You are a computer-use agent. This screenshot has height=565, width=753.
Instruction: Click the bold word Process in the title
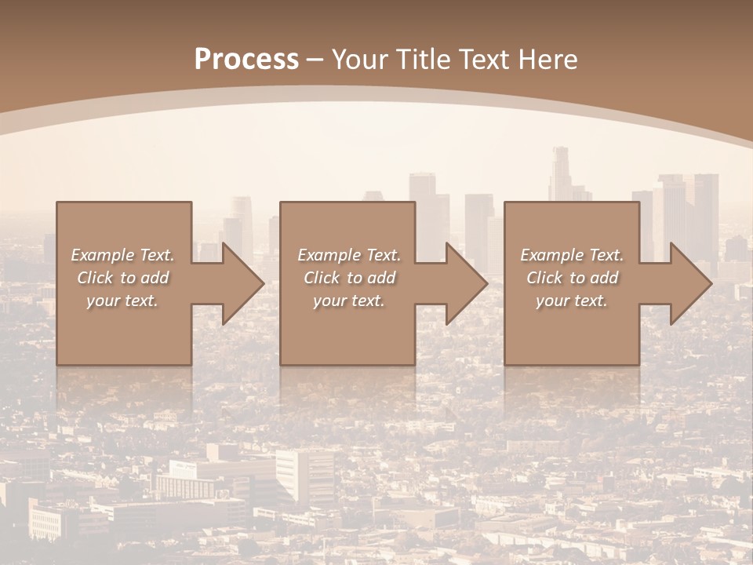point(246,59)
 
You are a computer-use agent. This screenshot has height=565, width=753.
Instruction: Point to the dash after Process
point(315,60)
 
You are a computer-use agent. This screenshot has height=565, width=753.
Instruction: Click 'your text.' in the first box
point(122,301)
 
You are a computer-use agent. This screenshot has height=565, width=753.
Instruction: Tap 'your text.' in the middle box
point(349,301)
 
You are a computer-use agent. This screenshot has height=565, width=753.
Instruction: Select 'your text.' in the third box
point(572,301)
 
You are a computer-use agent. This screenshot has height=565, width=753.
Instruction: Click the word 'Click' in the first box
point(95,278)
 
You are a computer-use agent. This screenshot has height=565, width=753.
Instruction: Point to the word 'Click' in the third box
point(545,278)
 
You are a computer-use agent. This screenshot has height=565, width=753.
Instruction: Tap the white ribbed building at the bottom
point(305,474)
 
